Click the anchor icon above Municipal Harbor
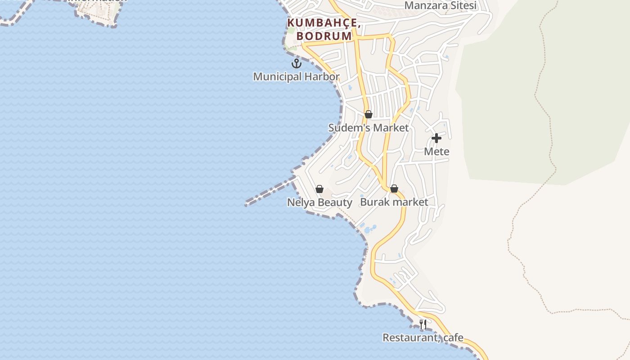click(296, 63)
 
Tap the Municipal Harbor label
click(296, 76)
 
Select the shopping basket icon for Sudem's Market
click(369, 115)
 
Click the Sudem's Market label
click(369, 128)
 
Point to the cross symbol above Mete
click(436, 138)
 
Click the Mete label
click(436, 152)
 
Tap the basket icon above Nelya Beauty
click(319, 189)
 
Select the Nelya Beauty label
click(319, 202)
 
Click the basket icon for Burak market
click(394, 189)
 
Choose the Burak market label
click(394, 202)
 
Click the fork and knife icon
click(423, 324)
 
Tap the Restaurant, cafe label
click(423, 337)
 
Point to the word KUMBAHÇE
click(322, 22)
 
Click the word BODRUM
click(324, 36)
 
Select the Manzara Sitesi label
click(440, 5)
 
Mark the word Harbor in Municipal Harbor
click(321, 76)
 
